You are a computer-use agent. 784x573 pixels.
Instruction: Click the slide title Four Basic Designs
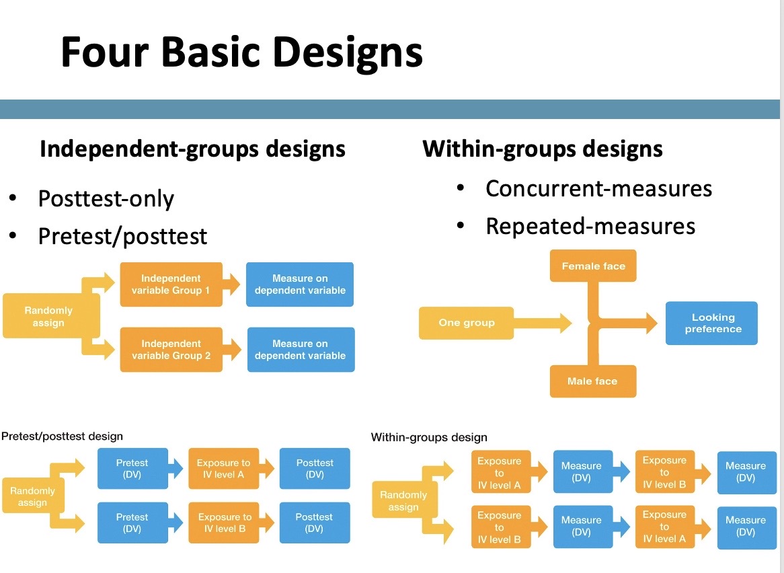pyautogui.click(x=241, y=52)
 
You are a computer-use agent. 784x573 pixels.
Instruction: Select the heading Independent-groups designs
pyautogui.click(x=192, y=149)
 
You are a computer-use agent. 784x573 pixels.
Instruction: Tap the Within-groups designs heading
pyautogui.click(x=542, y=149)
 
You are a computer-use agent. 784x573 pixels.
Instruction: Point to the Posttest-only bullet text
pyautogui.click(x=106, y=198)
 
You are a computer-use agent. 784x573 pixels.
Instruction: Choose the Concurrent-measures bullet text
pyautogui.click(x=598, y=188)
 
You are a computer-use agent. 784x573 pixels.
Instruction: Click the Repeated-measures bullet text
pyautogui.click(x=590, y=226)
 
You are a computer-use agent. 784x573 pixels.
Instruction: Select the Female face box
pyautogui.click(x=593, y=266)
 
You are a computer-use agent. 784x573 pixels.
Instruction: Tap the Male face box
pyautogui.click(x=592, y=381)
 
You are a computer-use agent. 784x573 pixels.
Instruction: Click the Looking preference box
pyautogui.click(x=712, y=323)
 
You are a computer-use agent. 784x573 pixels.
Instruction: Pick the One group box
pyautogui.click(x=466, y=323)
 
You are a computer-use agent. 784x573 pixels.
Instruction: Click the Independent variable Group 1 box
pyautogui.click(x=171, y=284)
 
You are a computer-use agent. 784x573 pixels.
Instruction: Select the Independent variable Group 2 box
pyautogui.click(x=171, y=350)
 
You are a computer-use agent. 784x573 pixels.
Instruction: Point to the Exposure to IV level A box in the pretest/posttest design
pyautogui.click(x=223, y=468)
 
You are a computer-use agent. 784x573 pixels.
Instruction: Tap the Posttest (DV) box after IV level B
pyautogui.click(x=314, y=523)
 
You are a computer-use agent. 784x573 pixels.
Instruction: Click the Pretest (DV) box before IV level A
pyautogui.click(x=132, y=468)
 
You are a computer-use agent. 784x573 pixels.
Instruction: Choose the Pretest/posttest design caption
pyautogui.click(x=62, y=436)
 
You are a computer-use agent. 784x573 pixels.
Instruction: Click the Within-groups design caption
pyautogui.click(x=429, y=438)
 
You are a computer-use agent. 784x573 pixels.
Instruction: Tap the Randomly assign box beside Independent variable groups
pyautogui.click(x=48, y=317)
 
